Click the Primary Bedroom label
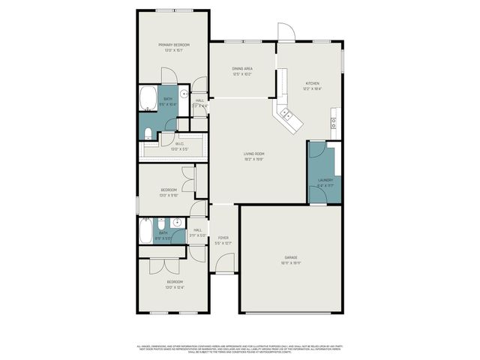click(x=173, y=45)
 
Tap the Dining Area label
click(x=242, y=68)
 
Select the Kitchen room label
click(x=312, y=83)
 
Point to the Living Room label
click(x=253, y=154)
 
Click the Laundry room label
click(x=325, y=180)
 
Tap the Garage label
click(x=291, y=257)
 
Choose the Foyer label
click(x=223, y=238)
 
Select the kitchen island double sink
click(x=287, y=114)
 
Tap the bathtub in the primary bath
click(x=148, y=98)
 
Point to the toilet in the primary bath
click(x=148, y=133)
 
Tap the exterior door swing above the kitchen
click(x=286, y=31)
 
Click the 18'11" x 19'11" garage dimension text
click(x=291, y=262)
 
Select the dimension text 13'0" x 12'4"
click(x=174, y=287)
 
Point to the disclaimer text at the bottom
click(x=240, y=349)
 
